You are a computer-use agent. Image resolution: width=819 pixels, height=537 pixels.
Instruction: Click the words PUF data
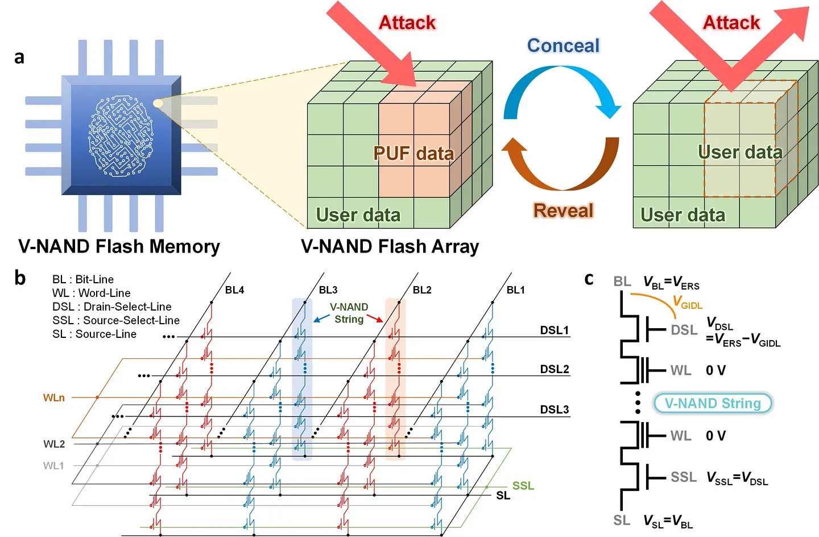413,154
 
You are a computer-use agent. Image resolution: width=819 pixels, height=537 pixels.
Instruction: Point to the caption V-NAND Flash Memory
119,246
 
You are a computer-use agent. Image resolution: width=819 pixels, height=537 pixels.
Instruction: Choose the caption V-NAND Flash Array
390,246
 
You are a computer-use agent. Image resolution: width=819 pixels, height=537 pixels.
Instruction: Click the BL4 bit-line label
234,290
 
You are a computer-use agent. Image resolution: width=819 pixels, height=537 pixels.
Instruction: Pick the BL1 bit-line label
516,290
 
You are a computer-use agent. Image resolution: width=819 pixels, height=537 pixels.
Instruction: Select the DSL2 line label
555,369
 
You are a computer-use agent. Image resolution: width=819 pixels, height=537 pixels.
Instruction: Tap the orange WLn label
54,398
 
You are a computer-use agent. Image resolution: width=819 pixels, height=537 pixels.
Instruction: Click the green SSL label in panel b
523,486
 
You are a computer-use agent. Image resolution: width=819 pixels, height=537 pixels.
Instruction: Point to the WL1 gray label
53,466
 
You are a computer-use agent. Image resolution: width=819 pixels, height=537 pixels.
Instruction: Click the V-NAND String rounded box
712,403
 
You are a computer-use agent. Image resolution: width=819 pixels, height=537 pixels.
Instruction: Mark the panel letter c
589,279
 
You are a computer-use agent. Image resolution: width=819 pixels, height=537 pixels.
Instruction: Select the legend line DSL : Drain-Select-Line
111,307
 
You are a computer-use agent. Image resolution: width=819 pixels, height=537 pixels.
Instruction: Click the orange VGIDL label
688,302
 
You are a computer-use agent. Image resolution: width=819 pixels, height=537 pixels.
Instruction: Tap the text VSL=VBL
668,521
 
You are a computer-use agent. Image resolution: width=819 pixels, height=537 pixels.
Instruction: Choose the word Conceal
563,46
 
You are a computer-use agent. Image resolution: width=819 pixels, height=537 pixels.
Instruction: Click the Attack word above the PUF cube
407,23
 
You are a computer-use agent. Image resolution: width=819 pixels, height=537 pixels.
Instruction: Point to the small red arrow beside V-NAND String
375,318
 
